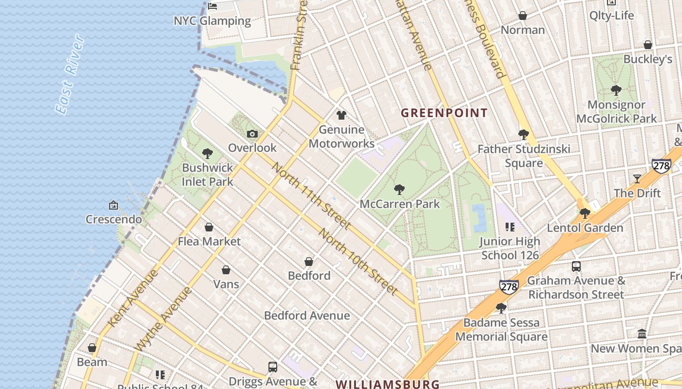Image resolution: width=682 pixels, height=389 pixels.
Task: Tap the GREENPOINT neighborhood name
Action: pos(444,113)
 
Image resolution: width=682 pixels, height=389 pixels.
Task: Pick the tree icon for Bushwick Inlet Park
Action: pos(208,154)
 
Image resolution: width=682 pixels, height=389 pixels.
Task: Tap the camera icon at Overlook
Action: pos(252,134)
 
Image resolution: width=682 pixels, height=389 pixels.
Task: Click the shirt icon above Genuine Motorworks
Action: pos(341,115)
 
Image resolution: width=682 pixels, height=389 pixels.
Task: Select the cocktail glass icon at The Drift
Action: pos(637,179)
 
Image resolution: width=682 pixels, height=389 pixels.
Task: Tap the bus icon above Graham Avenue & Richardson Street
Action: pos(576,266)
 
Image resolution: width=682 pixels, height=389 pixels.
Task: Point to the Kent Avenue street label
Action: pos(133,298)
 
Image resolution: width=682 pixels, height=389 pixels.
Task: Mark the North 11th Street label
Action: pos(311,195)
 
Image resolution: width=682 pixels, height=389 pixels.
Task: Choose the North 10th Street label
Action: pos(358,261)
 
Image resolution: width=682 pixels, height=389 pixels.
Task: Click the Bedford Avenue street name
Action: pos(307,316)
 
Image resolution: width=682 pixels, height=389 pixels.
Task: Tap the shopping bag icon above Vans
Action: pos(226,270)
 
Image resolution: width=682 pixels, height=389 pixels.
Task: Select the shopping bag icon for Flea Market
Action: pos(209,227)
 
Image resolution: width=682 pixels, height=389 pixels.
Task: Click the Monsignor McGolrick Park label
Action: pos(616,111)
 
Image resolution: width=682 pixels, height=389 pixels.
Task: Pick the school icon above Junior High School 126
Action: pos(510,227)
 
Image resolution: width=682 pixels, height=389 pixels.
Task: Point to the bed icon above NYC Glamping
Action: pos(212,6)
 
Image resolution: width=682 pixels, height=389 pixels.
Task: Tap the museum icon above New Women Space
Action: pos(642,334)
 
